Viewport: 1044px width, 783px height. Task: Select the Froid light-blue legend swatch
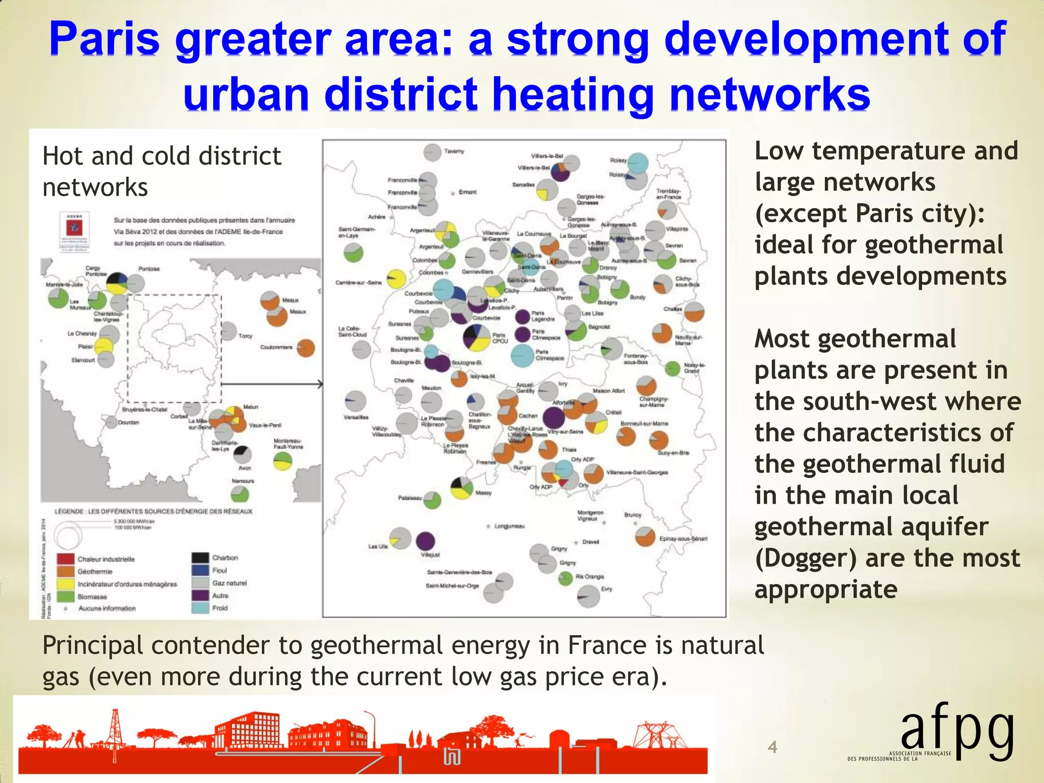(x=201, y=608)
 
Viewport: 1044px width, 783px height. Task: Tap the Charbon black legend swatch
(x=201, y=558)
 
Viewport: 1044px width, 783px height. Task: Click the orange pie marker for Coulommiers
(x=306, y=348)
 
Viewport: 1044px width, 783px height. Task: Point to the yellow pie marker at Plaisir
(x=103, y=346)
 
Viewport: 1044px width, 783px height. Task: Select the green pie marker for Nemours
(x=240, y=494)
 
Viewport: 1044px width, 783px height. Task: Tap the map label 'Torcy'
(x=245, y=336)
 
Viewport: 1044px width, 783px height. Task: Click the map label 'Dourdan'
(x=128, y=422)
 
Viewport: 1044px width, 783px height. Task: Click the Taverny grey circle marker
(x=432, y=152)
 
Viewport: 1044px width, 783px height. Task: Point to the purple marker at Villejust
(x=425, y=541)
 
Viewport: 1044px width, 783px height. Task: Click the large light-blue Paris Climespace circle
(x=522, y=356)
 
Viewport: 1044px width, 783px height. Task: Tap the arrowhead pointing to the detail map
(x=320, y=384)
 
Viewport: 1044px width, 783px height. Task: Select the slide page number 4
(x=772, y=747)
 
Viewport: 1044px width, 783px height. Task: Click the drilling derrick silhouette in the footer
(x=116, y=729)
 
